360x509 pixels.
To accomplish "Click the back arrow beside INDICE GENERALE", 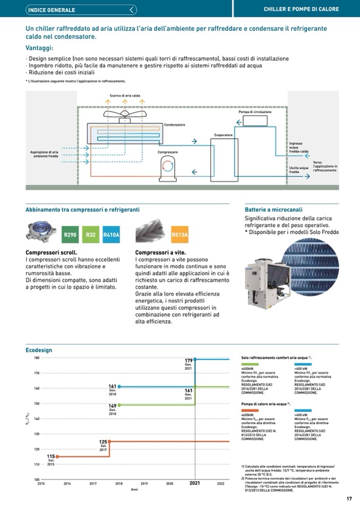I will point(132,10).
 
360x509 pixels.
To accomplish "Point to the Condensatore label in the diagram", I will point(175,125).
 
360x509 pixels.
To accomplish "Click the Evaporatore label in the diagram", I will point(224,135).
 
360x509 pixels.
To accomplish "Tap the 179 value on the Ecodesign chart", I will point(188,361).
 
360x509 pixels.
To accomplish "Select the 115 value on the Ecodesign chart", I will point(51,456).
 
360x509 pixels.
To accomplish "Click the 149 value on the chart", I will point(113,406).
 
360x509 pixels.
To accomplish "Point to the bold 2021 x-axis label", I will point(195,484).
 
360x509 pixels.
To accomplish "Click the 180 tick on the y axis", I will point(37,358).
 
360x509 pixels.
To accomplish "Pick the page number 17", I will point(349,498).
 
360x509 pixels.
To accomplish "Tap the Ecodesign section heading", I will point(39,350).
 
